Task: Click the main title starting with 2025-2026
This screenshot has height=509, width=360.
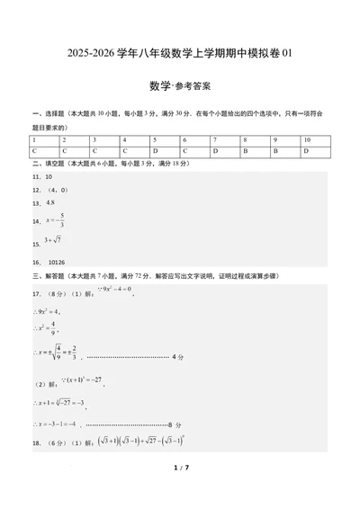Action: pyautogui.click(x=180, y=54)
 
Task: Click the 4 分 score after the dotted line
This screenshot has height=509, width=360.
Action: pyautogui.click(x=177, y=357)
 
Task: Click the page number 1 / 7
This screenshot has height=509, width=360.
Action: pyautogui.click(x=180, y=493)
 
